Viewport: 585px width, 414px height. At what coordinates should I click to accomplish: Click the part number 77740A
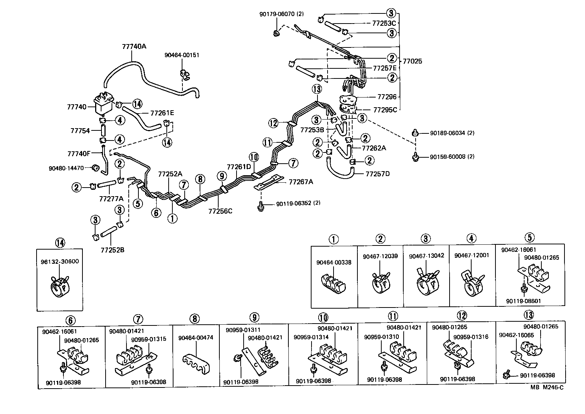134,47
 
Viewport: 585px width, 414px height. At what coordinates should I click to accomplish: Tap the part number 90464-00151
182,55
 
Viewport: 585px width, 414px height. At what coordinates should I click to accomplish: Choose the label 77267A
301,182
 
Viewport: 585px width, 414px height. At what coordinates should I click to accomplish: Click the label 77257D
378,174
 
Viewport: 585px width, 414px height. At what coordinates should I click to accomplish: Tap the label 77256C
220,211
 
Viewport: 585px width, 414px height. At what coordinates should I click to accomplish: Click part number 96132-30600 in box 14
60,262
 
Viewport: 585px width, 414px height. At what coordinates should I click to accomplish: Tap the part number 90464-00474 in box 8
195,338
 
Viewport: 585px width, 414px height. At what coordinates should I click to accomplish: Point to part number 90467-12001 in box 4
472,256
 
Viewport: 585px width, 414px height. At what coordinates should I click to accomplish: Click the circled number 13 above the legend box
529,315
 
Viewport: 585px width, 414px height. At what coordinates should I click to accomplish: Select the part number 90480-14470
66,169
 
